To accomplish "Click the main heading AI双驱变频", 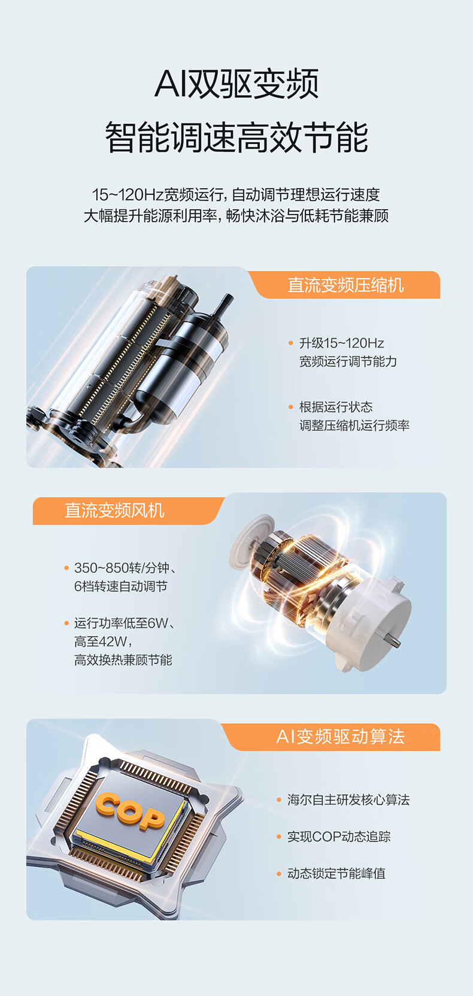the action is click(236, 84).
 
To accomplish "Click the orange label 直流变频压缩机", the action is click(345, 285).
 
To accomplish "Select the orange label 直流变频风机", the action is click(114, 511).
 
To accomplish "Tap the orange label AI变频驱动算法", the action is click(340, 737).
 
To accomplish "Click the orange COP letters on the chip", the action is click(130, 811).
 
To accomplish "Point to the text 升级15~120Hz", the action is click(341, 343).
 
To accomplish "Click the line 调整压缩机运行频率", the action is click(354, 425).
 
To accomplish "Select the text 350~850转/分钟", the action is click(122, 568).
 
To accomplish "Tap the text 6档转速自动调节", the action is click(121, 587).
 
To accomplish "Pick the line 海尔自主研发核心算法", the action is click(348, 800).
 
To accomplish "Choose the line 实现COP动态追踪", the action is click(339, 837).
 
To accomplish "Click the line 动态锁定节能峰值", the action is click(336, 873).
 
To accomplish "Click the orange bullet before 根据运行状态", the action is click(291, 407).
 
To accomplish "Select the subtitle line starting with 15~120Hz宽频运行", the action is click(236, 195).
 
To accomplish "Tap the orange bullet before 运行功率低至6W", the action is click(66, 623).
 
